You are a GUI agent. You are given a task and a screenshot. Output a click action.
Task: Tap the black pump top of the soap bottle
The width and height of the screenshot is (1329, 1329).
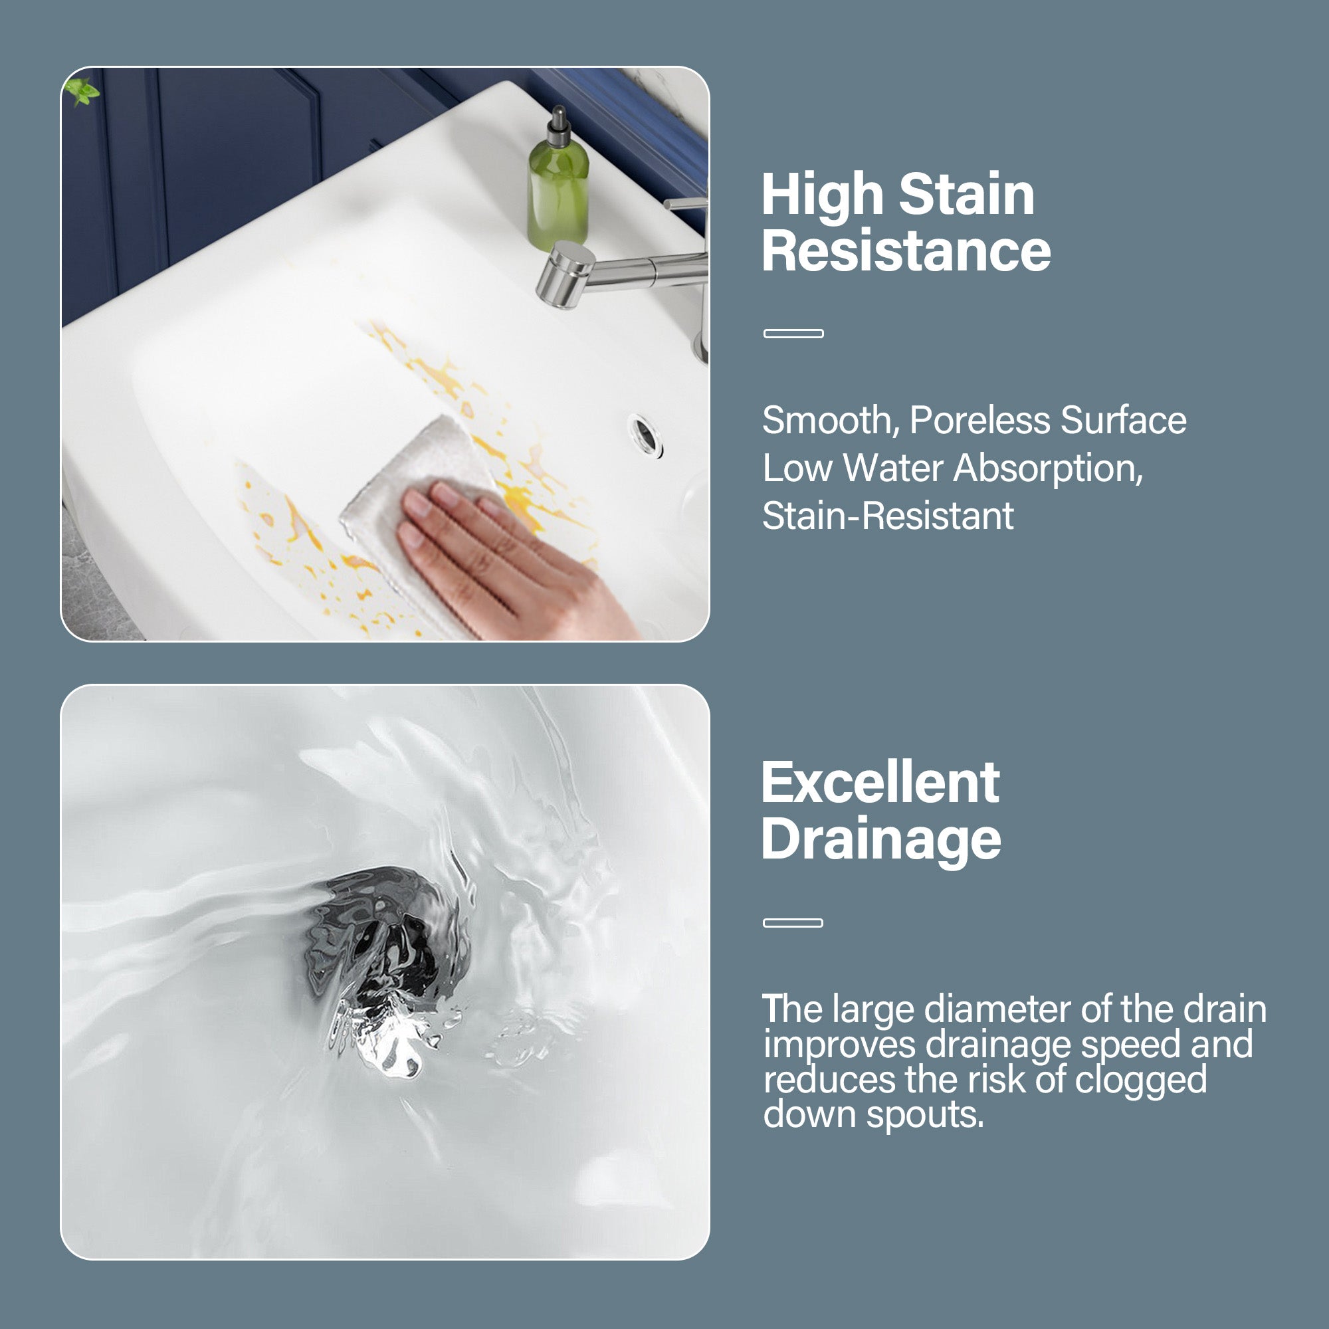click(559, 128)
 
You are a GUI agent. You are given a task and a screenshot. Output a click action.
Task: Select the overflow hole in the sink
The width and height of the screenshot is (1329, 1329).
click(645, 434)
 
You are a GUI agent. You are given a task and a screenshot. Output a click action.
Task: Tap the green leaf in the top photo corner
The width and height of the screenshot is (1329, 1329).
click(83, 91)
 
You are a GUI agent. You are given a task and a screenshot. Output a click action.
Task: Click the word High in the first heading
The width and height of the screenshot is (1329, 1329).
click(823, 195)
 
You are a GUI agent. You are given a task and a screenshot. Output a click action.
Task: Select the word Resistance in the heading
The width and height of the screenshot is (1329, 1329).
click(906, 251)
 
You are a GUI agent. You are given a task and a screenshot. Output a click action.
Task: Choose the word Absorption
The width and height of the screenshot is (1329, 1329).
click(1047, 468)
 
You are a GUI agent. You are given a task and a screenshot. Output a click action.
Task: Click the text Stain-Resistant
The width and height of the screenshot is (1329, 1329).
click(887, 516)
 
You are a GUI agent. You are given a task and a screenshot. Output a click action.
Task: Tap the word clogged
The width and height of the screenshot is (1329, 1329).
click(1140, 1079)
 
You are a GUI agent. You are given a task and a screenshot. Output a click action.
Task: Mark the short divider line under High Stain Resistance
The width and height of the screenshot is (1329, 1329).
click(793, 334)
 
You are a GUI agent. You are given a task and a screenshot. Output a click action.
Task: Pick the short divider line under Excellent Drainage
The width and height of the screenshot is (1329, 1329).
click(793, 923)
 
